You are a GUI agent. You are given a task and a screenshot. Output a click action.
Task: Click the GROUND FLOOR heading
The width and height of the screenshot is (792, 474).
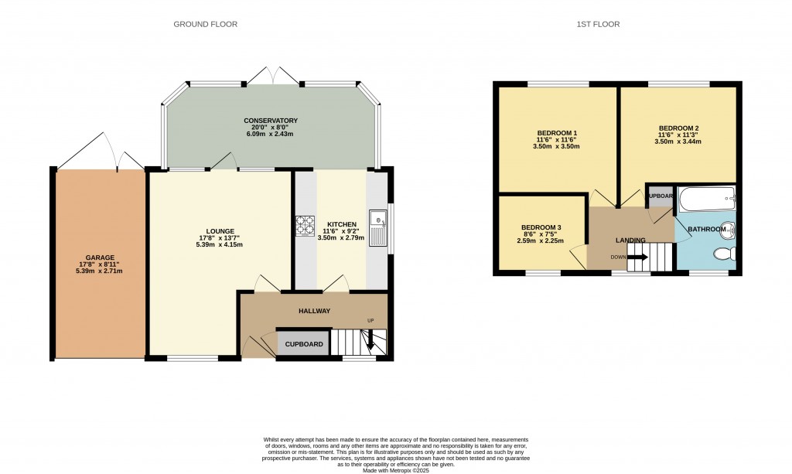coord(205,24)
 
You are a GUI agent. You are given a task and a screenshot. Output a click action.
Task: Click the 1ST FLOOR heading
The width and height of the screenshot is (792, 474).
coord(598,24)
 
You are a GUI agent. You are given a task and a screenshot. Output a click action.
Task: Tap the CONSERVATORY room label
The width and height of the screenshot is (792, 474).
coord(271,121)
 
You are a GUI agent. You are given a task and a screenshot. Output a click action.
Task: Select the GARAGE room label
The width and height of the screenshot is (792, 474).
coord(100,257)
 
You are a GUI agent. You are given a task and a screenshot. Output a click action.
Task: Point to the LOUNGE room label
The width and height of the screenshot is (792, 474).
coord(220,230)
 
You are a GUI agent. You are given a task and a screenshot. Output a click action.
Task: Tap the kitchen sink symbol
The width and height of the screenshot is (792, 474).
coord(379,228)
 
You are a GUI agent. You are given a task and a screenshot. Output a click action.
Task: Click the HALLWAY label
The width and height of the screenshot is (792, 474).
coord(315,311)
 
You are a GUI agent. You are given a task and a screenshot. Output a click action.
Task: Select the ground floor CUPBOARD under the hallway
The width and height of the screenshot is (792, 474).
coord(304,344)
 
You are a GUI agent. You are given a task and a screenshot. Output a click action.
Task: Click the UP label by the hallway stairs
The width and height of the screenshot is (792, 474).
coord(371,321)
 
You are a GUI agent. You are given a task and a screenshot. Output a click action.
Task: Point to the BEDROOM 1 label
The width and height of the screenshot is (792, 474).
coord(557,132)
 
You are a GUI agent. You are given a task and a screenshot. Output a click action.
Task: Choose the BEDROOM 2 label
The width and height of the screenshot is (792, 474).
coord(678,128)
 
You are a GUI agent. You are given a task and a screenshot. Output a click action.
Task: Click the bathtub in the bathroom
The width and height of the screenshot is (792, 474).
coord(706,200)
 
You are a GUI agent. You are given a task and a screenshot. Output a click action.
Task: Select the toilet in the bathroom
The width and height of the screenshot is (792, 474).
coord(725,254)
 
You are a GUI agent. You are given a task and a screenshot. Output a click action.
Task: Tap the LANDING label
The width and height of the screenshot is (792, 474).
coord(630,240)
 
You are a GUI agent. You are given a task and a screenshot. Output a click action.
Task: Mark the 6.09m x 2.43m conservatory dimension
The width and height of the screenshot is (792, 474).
coord(271,134)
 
